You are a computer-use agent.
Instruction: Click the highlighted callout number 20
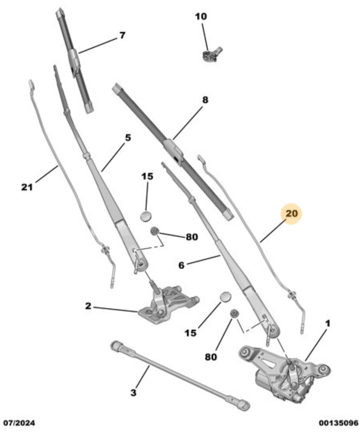coord(291,214)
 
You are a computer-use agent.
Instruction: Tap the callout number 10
coord(201,16)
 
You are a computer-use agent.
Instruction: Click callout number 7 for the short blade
coord(122,35)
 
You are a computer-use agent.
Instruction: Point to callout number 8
coord(205,100)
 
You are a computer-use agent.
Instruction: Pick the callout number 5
coord(128,137)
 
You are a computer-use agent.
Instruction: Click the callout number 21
coord(27,187)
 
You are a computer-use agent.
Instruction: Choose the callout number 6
coord(181,265)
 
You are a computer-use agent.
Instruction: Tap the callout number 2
coord(88,306)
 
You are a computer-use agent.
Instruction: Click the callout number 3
coord(133,393)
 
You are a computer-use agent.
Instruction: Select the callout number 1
coord(328,323)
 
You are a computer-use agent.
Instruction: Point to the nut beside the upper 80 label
coord(154,231)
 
